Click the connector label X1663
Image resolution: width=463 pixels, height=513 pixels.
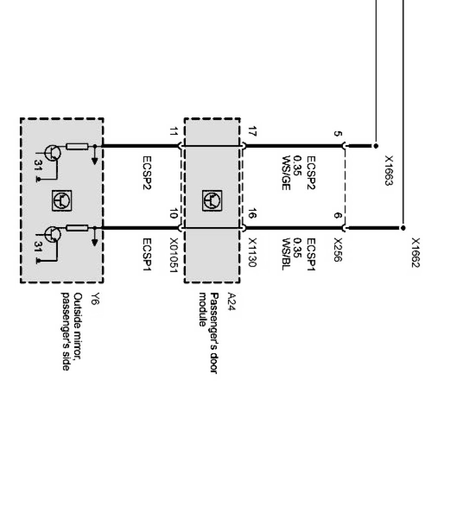coord(389,171)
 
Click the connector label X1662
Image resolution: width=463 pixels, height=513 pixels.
coord(416,253)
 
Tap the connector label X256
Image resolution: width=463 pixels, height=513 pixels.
coord(337,250)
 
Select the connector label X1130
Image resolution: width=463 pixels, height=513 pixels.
coord(252,253)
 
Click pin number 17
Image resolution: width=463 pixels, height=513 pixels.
coord(252,132)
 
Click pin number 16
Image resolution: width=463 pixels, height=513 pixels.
coord(252,214)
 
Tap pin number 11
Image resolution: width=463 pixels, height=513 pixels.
coord(173,132)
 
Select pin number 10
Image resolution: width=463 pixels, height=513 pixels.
coord(173,214)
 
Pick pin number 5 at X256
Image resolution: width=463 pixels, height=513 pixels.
coord(337,134)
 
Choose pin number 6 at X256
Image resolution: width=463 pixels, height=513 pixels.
coord(337,216)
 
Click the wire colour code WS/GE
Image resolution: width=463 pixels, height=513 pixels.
coord(285,173)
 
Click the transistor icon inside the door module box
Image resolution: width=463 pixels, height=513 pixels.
coord(211,200)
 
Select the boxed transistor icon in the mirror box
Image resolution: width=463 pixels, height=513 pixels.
coord(62,200)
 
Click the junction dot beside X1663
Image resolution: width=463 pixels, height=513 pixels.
coord(376,146)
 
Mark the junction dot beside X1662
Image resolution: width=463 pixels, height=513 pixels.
coord(403,228)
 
